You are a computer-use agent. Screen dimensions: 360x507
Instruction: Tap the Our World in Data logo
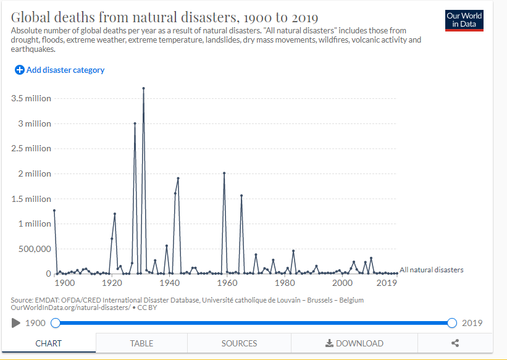(464, 20)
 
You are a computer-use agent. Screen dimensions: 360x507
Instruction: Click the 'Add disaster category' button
(60, 70)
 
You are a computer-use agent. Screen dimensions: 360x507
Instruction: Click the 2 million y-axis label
(34, 174)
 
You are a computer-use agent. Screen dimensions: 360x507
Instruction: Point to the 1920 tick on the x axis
(112, 283)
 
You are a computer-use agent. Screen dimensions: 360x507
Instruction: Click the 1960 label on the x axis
(228, 283)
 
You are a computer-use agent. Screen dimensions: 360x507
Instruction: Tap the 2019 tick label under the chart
(387, 283)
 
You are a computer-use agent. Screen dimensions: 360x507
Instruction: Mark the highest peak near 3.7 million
(143, 88)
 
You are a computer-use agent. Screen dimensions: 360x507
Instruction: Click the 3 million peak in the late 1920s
(135, 123)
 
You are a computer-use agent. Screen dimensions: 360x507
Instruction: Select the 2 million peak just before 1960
(224, 173)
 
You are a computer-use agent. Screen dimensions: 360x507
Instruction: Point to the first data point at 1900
(54, 211)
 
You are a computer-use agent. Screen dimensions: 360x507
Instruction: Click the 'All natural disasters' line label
(431, 270)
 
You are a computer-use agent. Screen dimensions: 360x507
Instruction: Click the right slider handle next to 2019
(452, 323)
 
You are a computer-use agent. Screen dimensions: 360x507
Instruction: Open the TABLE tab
(141, 343)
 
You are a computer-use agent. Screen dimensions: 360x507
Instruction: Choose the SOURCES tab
(239, 343)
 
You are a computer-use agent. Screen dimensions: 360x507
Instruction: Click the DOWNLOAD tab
(354, 343)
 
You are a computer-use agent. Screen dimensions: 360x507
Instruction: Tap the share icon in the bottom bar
(455, 343)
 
